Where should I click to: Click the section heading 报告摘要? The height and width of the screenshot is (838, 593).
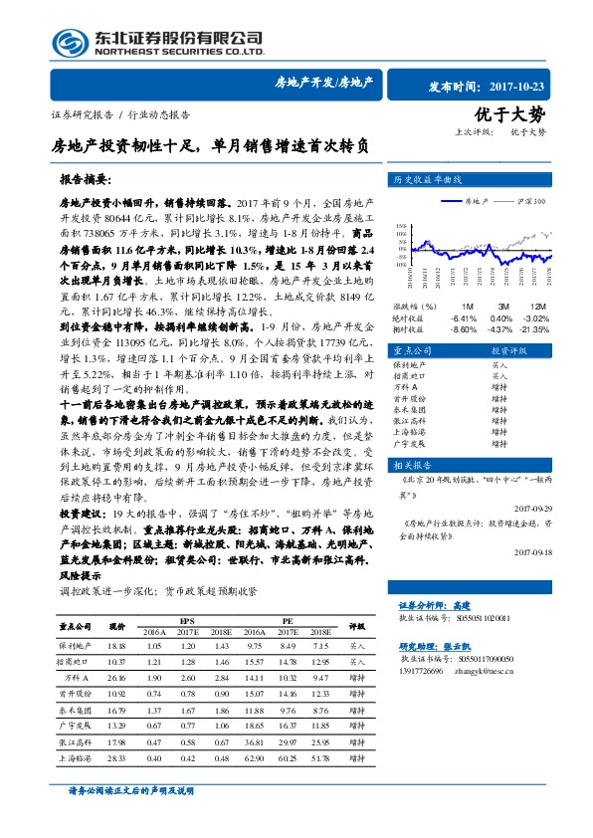pyautogui.click(x=84, y=183)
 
